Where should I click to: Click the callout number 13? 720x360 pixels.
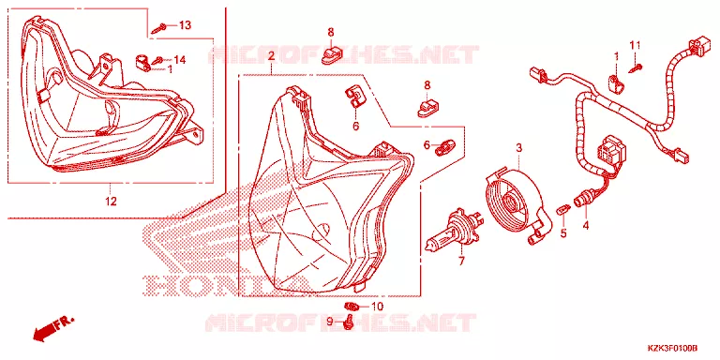tap(184, 25)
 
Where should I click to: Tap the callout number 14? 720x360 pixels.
tap(180, 60)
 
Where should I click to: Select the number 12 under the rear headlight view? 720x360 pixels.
tap(111, 201)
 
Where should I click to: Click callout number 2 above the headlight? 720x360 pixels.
tap(271, 56)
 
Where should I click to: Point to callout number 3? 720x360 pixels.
tap(519, 148)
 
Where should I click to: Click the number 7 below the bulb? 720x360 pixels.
tap(461, 262)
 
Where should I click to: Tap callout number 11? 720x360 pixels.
tap(635, 45)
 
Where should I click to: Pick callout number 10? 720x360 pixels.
tap(377, 307)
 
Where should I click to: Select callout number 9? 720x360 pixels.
tap(329, 322)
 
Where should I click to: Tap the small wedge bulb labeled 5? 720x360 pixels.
tap(562, 210)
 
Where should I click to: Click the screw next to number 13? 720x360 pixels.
tap(160, 27)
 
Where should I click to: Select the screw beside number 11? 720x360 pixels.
tap(634, 67)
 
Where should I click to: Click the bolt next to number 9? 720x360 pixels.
tap(348, 323)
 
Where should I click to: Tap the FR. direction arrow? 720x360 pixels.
tap(52, 327)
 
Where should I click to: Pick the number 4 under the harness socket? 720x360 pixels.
tap(586, 225)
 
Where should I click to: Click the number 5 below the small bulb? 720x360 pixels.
tap(563, 233)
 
